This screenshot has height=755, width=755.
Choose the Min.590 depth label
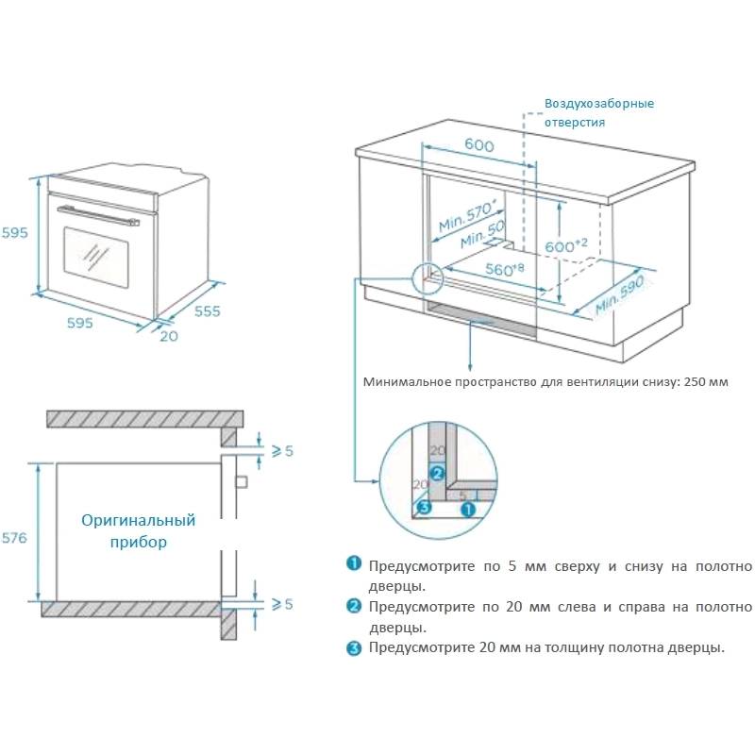[x=618, y=296]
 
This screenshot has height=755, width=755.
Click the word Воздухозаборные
[x=598, y=104]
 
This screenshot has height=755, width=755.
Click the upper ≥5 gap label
[x=282, y=450]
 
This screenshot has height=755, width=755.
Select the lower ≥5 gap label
[x=282, y=604]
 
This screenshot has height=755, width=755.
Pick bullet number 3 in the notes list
[x=354, y=647]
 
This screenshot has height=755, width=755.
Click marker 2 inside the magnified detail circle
[x=436, y=473]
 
